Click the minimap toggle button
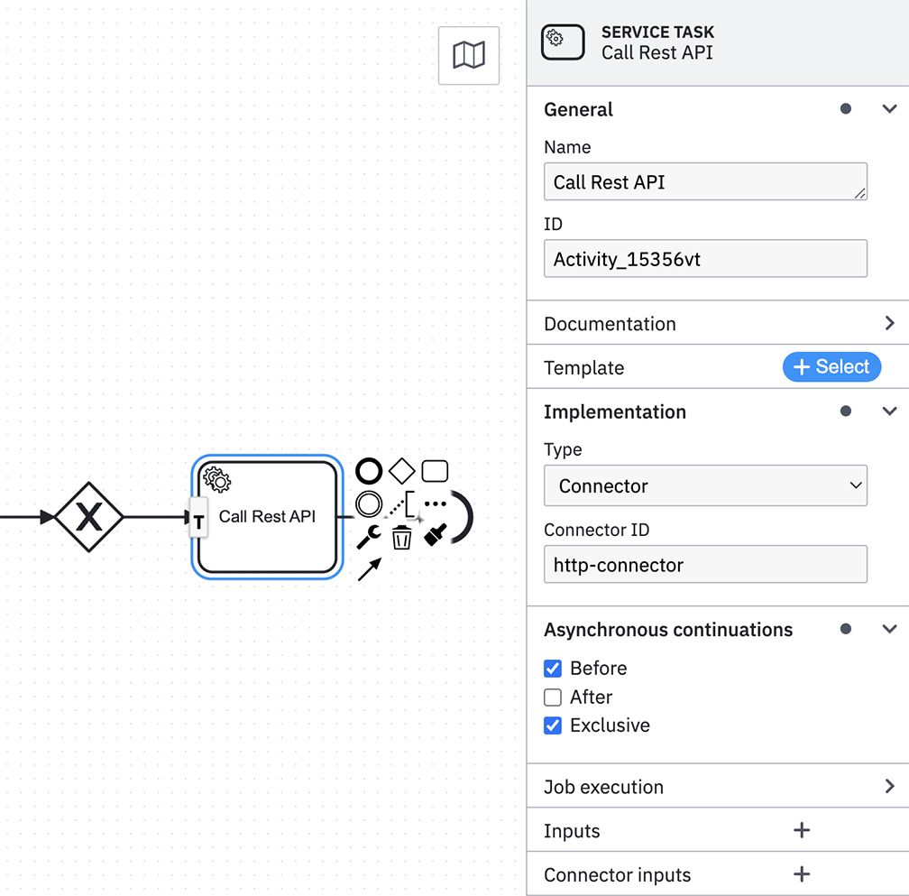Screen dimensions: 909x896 (x=468, y=55)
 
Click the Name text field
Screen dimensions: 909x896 (x=705, y=181)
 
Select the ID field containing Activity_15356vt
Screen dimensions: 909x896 (x=705, y=258)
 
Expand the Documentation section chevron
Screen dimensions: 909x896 (x=890, y=323)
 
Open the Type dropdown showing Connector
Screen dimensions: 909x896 (x=705, y=485)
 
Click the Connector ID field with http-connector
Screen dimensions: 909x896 (x=705, y=564)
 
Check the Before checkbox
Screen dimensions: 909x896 (x=553, y=669)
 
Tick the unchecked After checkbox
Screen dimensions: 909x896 (x=553, y=697)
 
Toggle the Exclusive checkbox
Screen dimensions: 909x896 (x=553, y=725)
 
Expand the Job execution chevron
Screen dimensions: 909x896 (x=890, y=786)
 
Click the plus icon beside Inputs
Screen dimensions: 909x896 (x=802, y=830)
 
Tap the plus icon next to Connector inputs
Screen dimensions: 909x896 (x=802, y=874)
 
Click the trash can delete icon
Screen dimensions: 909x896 (x=402, y=537)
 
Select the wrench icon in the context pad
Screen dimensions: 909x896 (x=369, y=537)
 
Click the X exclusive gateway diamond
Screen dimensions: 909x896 (x=88, y=517)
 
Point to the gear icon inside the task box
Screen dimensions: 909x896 (x=217, y=480)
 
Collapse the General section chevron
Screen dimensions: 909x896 (x=890, y=108)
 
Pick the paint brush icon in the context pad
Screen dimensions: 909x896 (x=436, y=535)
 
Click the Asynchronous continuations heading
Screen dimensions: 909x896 (x=668, y=629)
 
